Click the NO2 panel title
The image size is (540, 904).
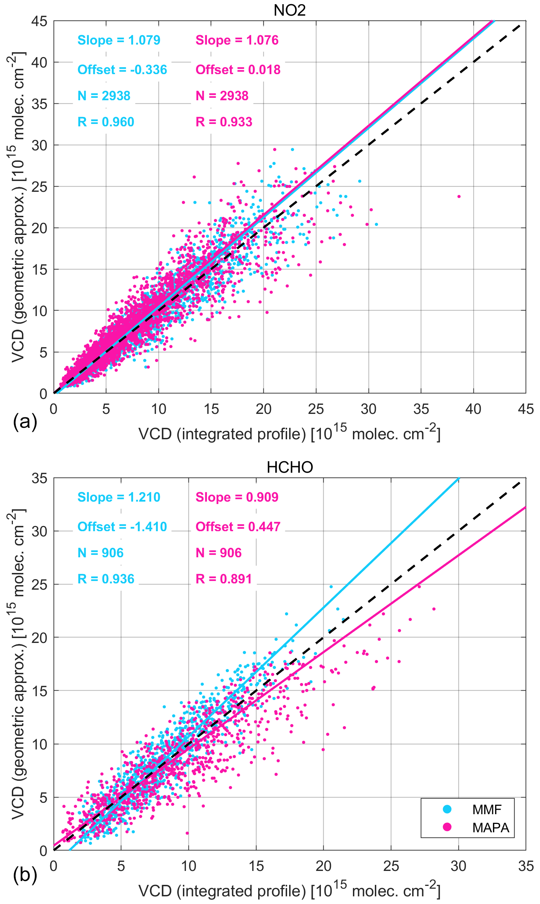(x=289, y=10)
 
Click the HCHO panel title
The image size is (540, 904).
(x=290, y=467)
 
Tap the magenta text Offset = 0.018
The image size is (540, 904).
(x=238, y=70)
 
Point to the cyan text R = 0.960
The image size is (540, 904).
(x=106, y=122)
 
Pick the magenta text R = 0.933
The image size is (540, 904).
(x=224, y=122)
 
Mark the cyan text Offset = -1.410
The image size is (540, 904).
(x=122, y=527)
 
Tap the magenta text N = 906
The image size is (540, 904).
(x=218, y=553)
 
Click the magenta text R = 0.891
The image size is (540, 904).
(x=224, y=579)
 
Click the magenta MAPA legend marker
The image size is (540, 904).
(x=447, y=827)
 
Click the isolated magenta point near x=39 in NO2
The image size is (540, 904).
(x=459, y=197)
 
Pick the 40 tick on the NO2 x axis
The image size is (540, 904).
(x=473, y=409)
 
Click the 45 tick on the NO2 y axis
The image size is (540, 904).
(x=39, y=21)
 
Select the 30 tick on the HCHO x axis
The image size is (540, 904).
(x=458, y=866)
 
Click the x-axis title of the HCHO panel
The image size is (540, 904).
(x=289, y=891)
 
